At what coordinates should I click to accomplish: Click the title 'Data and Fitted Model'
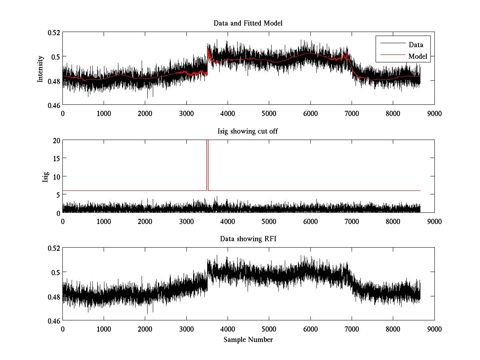248,23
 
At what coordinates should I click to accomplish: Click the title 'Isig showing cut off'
248,131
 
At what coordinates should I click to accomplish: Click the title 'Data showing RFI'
248,239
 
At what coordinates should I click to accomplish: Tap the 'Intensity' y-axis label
40,69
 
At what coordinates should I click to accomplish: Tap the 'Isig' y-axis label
45,176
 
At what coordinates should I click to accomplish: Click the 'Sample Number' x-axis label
248,340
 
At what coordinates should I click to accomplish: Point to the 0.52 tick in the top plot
54,32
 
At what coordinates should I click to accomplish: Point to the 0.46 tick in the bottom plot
54,321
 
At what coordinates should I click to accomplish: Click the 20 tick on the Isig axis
56,140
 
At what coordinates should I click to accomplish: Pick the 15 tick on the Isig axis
56,158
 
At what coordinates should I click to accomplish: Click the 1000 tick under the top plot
104,113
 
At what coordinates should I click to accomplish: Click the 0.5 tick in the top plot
55,56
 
